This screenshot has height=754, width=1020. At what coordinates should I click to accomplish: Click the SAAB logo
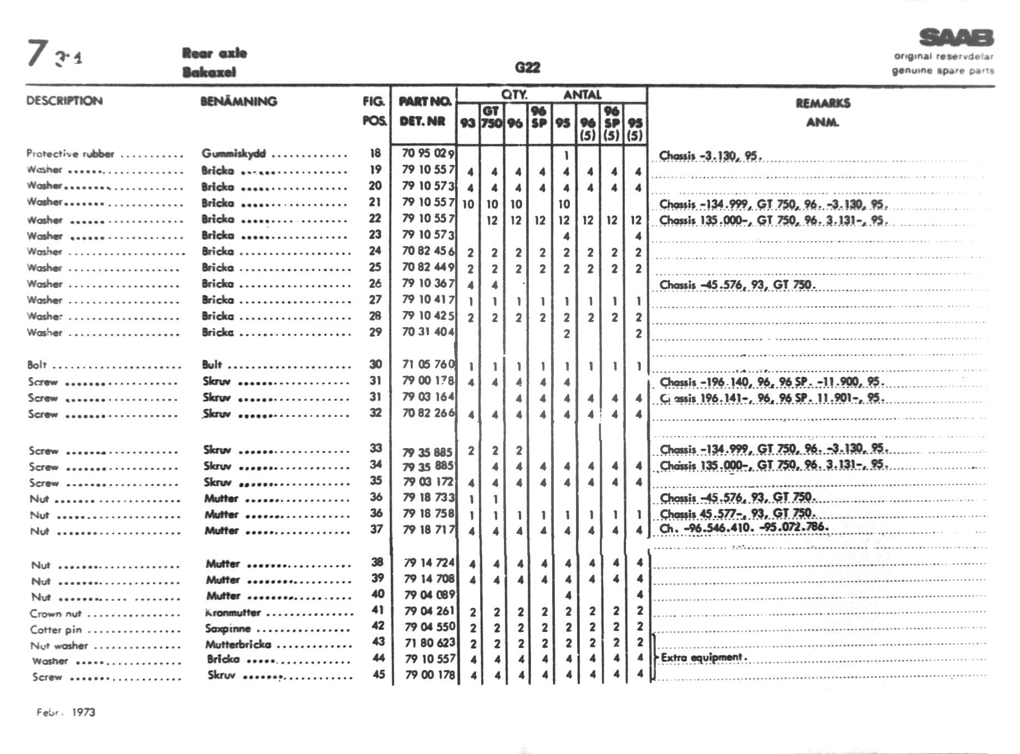pos(956,38)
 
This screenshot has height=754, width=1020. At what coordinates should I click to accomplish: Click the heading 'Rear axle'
pos(215,53)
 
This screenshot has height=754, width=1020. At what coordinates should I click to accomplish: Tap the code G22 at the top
pos(527,68)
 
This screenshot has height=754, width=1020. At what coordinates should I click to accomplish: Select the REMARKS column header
pos(823,103)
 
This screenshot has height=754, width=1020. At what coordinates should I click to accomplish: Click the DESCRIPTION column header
pos(64,101)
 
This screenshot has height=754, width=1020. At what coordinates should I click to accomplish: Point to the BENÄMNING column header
pos(238,101)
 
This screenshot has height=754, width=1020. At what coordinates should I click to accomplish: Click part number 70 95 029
pos(428,154)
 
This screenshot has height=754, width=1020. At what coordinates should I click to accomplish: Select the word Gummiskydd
pos(233,154)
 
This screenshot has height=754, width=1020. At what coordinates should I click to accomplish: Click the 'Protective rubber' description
pos(70,154)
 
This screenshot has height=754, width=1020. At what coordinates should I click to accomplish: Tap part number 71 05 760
pos(429,364)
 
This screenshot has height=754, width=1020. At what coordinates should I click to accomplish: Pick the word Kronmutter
pos(233,613)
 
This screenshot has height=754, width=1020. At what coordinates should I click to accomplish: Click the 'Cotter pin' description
pos(56,630)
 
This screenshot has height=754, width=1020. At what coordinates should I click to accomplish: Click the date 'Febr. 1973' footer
pos(66,712)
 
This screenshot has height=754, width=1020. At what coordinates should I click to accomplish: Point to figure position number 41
pos(378,610)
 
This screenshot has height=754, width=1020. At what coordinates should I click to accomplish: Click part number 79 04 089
pos(430,595)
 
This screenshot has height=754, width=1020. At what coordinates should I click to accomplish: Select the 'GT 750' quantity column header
pos(491,117)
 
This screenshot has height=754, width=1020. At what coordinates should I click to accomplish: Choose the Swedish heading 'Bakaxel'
pos(209,72)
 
